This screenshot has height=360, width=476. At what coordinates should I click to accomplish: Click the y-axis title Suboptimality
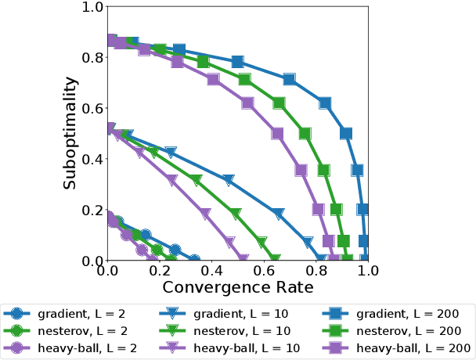(x=71, y=133)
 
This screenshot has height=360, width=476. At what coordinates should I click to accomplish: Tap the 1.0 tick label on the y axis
(x=93, y=7)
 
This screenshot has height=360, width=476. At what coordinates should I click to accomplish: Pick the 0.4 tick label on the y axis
(x=93, y=159)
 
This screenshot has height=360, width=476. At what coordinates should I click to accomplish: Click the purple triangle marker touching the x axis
(x=243, y=258)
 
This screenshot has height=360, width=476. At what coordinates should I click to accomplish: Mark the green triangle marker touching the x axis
(x=274, y=258)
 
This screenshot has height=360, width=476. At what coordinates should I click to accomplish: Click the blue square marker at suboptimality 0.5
(x=347, y=133)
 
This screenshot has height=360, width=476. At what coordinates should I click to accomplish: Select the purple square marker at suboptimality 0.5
(x=277, y=133)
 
